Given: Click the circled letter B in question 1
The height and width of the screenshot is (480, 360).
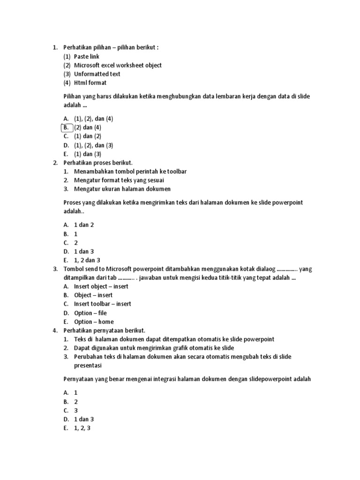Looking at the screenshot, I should click(x=67, y=127).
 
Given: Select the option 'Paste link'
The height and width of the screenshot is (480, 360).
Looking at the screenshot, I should click(x=87, y=56).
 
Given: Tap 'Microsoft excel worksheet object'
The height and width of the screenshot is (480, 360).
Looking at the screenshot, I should click(x=118, y=65).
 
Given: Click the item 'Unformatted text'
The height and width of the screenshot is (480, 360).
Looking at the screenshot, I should click(x=97, y=74).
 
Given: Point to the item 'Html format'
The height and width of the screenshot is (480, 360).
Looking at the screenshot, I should click(x=90, y=83).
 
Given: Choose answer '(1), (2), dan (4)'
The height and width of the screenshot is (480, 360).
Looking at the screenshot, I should click(x=94, y=119).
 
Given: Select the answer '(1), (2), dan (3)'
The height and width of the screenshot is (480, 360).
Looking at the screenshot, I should click(x=94, y=145).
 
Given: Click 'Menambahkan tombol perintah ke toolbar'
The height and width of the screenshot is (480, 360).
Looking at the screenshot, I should click(x=130, y=172).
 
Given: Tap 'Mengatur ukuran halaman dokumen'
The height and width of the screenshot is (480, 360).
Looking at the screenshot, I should click(x=122, y=189).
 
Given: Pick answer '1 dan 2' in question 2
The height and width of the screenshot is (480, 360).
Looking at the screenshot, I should click(x=84, y=225).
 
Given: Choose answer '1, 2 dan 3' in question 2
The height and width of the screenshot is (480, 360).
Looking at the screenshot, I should click(x=87, y=260).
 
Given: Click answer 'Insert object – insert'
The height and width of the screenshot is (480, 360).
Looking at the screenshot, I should click(x=101, y=286).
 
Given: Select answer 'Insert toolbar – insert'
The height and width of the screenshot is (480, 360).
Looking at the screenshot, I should click(x=103, y=304).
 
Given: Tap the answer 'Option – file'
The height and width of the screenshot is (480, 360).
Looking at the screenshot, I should click(x=90, y=313).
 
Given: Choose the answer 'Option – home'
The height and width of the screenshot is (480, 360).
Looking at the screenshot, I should click(x=94, y=322).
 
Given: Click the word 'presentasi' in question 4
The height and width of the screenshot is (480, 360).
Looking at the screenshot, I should click(x=88, y=366).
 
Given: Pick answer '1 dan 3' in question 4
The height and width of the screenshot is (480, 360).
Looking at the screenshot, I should click(x=84, y=419).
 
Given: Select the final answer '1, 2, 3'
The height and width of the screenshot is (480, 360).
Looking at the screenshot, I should click(x=82, y=428).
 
